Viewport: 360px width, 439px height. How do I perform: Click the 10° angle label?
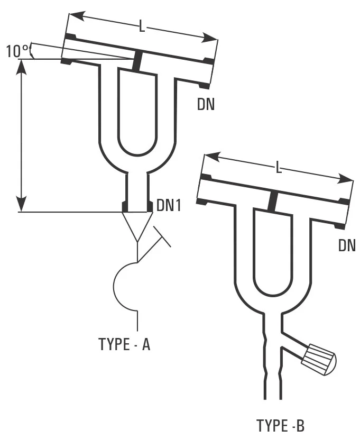click(17, 51)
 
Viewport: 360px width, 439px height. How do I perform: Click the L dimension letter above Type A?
click(142, 28)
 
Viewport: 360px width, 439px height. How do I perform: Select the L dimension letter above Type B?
click(278, 168)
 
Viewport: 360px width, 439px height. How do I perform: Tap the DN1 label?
click(169, 205)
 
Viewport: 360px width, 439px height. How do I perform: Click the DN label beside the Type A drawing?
click(206, 104)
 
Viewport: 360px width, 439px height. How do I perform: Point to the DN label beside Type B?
click(347, 245)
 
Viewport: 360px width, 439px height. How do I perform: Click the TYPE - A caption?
click(124, 344)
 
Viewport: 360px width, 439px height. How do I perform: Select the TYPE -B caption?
click(280, 426)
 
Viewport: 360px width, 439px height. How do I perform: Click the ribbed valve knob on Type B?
click(319, 360)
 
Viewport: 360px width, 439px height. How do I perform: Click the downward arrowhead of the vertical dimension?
click(22, 204)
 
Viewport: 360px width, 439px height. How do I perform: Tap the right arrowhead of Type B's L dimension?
click(346, 179)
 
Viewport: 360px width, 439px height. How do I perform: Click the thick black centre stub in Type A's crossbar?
click(137, 61)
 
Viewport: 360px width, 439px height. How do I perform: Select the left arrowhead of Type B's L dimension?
click(213, 156)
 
